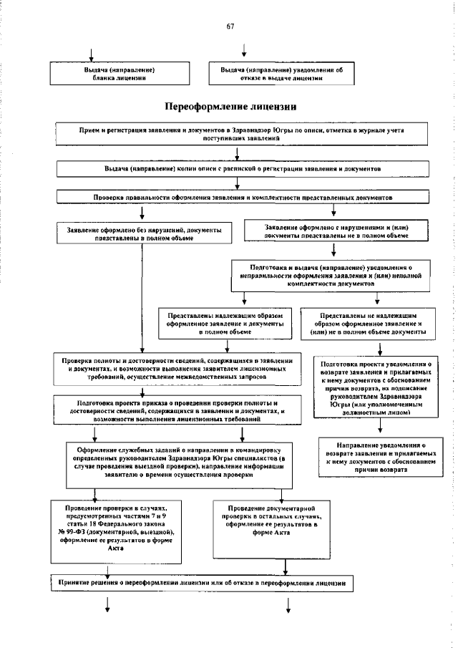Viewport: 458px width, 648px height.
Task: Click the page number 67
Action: click(230, 26)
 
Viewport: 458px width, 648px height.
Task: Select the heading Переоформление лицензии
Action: click(230, 107)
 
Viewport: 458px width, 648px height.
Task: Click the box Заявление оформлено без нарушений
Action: click(143, 234)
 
